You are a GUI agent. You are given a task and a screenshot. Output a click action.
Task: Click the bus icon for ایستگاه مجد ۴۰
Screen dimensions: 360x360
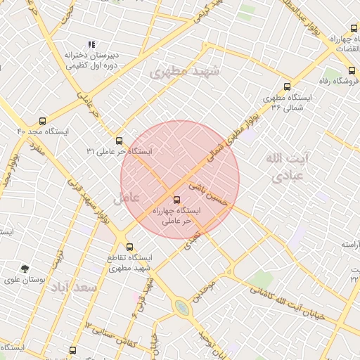43,121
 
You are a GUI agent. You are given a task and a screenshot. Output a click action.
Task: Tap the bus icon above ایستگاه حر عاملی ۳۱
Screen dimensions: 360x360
118,141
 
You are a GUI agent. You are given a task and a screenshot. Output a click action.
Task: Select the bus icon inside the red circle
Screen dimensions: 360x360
176,199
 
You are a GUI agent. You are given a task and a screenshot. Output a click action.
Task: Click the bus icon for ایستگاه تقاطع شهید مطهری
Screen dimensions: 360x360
129,247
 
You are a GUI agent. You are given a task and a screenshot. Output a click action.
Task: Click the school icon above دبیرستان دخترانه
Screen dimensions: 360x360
91,44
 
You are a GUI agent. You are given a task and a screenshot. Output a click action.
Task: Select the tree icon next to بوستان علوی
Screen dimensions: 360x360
25,269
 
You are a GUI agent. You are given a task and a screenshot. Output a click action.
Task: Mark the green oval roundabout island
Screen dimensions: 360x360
182,307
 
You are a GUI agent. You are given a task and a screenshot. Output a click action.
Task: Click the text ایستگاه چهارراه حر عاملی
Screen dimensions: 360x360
175,215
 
